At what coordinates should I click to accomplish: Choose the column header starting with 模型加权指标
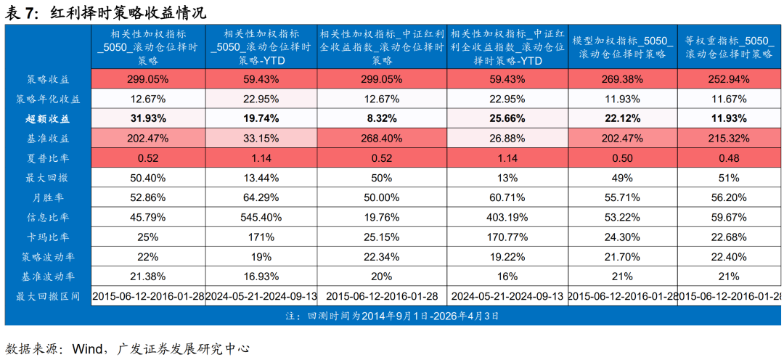point(622,46)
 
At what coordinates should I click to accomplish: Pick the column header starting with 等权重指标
point(729,46)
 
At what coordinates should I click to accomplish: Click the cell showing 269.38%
point(622,78)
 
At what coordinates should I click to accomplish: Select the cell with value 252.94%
point(729,78)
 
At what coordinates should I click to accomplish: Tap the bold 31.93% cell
point(148,118)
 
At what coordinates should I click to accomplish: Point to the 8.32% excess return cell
point(382,118)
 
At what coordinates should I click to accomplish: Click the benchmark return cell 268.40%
point(382,138)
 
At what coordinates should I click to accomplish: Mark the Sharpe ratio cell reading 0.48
point(729,157)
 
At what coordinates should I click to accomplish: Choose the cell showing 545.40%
point(261,217)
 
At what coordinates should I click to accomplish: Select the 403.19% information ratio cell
point(507,217)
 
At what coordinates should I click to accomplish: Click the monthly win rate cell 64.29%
point(261,197)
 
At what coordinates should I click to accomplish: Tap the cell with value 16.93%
point(261,277)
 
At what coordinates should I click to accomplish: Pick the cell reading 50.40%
point(148,177)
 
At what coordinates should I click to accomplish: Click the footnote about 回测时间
point(392,316)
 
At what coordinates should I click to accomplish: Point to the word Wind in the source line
point(86,348)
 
